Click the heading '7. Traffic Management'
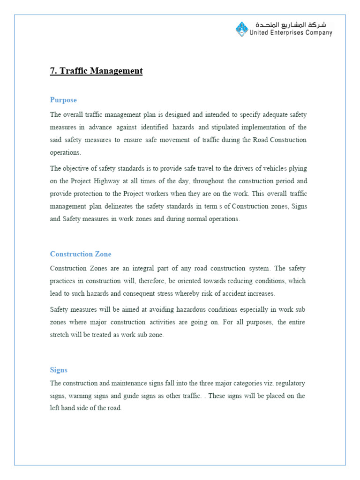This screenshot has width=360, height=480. coord(96,71)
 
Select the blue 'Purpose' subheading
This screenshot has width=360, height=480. coord(63,100)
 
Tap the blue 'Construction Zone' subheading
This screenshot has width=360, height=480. coord(81,254)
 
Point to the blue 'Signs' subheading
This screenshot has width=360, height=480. coord(59,370)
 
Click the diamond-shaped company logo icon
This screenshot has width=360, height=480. coord(241,29)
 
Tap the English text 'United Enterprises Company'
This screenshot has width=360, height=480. coord(291,33)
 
